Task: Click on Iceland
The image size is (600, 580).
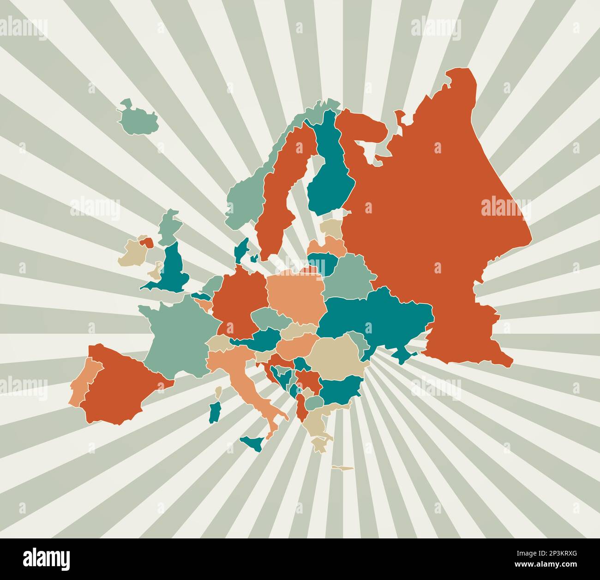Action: point(138,118)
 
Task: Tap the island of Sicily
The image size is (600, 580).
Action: point(255,444)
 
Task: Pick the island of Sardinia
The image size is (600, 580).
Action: point(215,411)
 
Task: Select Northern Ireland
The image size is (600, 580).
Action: point(147,242)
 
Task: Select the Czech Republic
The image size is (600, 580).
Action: point(270,318)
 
